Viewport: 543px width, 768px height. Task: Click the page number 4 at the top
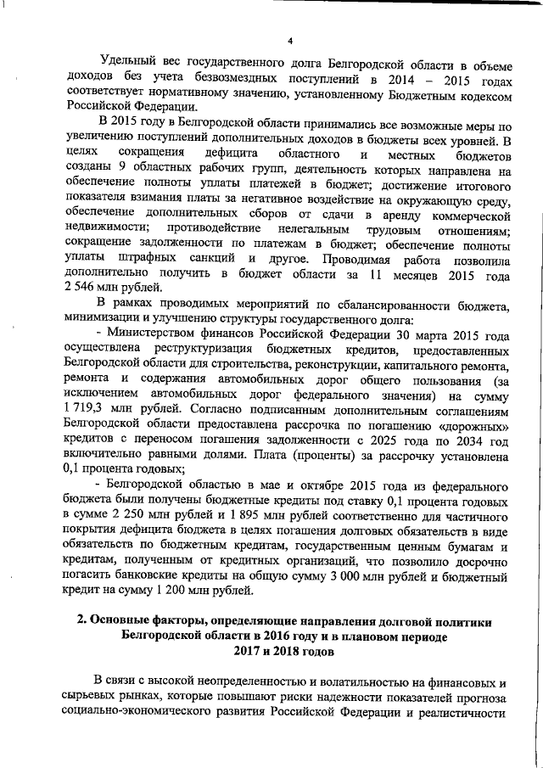pyautogui.click(x=289, y=42)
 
